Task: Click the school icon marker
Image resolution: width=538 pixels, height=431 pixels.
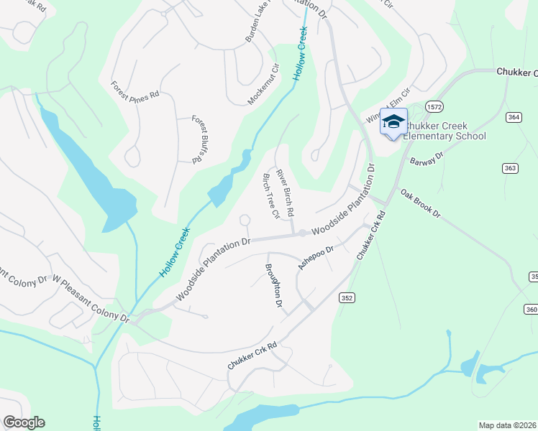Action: pos(393,122)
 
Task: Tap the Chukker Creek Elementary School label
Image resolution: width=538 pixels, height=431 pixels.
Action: pos(444,131)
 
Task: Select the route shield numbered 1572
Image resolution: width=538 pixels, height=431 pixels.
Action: pos(434,106)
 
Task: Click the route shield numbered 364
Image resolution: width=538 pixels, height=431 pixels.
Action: pos(513,117)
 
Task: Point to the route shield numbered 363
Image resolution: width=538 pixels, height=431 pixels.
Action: pos(510,168)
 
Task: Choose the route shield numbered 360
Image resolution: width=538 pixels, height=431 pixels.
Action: pos(532,309)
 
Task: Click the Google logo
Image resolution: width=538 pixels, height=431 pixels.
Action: pos(24,422)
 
